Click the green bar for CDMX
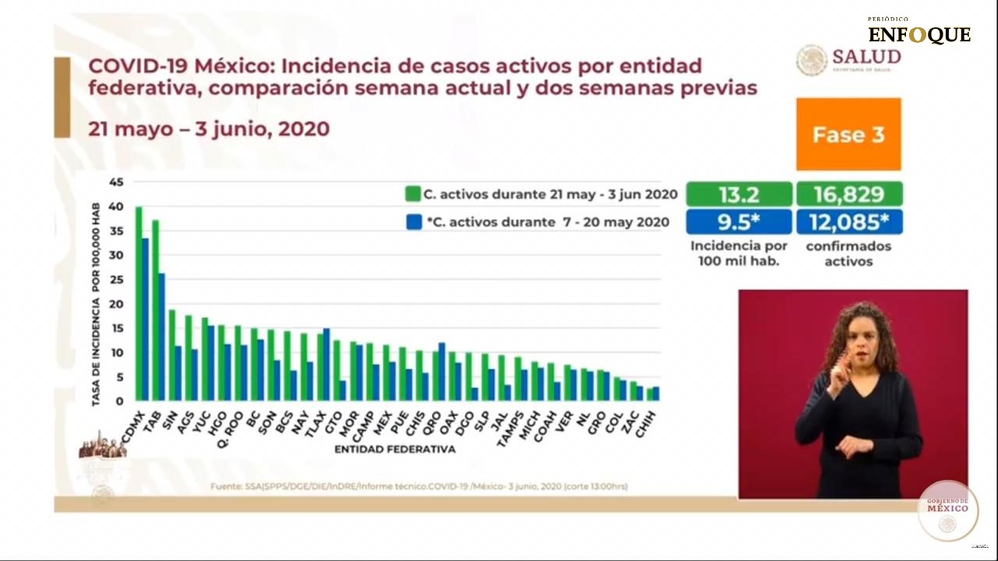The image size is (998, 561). click(x=139, y=304)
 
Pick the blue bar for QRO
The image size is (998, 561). click(x=441, y=371)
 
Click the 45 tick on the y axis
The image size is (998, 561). click(x=116, y=182)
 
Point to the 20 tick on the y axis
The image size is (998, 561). click(x=116, y=304)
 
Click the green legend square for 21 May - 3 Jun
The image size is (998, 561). click(x=413, y=194)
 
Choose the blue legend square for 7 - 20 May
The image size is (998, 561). click(x=413, y=222)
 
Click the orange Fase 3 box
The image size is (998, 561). click(x=848, y=134)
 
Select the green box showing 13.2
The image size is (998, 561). click(x=738, y=194)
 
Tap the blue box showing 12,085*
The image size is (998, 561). click(x=848, y=222)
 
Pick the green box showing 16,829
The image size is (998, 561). click(x=848, y=194)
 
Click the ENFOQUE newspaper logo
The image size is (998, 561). click(x=919, y=34)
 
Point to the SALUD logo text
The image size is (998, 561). click(x=866, y=57)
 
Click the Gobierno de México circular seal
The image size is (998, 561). click(x=947, y=510)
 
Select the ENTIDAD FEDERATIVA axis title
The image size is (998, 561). click(x=395, y=450)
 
